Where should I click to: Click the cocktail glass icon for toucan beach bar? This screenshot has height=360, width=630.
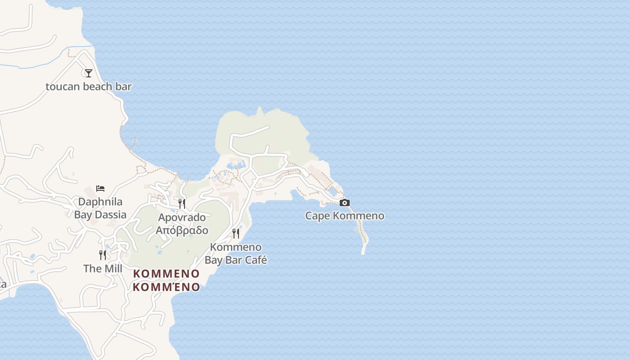pos(89,73)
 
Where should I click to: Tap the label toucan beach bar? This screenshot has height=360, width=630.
pos(89,86)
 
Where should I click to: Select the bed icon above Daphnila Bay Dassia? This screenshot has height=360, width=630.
pos(100,188)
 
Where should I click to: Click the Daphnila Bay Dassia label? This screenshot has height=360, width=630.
pos(100,208)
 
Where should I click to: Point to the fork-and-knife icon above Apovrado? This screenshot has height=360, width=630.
pos(182,203)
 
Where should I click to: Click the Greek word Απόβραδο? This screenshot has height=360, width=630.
pos(182,230)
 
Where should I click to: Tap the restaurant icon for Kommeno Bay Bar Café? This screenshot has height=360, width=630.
pos(235,233)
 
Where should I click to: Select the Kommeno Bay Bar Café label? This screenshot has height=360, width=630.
pos(236,253)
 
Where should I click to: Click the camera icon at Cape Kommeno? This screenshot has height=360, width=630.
pos(345,202)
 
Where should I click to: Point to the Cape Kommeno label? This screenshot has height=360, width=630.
pos(345,216)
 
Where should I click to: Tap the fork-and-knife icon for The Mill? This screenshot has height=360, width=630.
pos(103,255)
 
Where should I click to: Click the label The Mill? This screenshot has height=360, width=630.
pos(103,269)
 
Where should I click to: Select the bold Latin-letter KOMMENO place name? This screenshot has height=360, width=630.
pos(166,274)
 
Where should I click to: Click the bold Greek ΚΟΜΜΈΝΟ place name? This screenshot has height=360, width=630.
pos(166,287)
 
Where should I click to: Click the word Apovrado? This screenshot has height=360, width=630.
pos(182,217)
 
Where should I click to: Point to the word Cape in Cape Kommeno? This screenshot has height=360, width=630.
pos(318,216)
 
